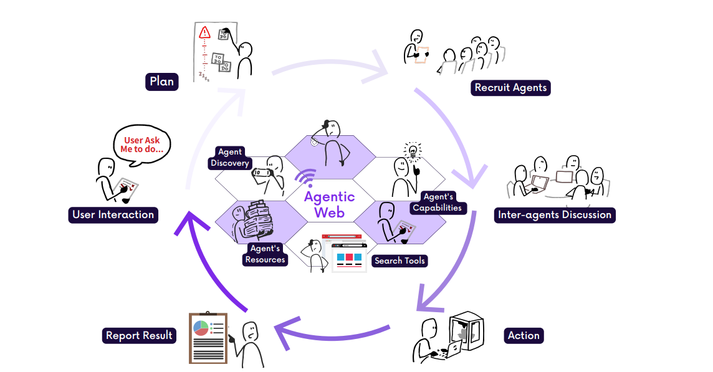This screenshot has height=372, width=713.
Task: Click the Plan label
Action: point(162,82)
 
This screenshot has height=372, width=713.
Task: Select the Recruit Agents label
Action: point(510,88)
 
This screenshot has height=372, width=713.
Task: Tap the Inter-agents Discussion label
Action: point(555,215)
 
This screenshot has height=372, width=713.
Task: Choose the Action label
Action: point(524,336)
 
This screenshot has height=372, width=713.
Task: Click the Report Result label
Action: point(139,336)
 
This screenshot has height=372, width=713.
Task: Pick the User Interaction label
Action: point(113,215)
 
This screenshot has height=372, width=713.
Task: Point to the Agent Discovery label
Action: point(230,158)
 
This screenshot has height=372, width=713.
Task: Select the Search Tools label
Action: point(400,260)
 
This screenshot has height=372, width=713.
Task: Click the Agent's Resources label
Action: point(265,254)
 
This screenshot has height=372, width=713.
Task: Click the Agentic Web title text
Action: point(329,204)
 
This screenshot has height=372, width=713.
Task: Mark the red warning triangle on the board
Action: point(204,33)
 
